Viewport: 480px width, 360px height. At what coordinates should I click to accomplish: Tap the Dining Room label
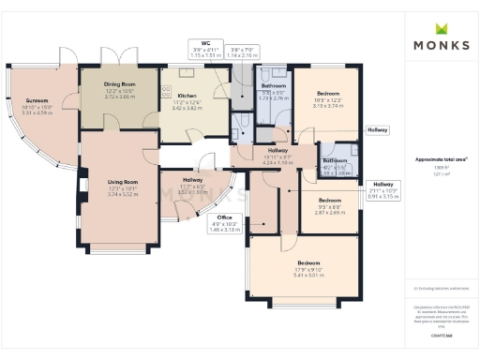(121, 84)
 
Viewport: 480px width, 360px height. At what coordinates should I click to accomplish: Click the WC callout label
(204, 43)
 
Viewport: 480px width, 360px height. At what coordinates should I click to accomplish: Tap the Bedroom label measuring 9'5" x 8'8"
(330, 201)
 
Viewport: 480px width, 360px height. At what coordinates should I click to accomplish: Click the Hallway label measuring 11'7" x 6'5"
(192, 179)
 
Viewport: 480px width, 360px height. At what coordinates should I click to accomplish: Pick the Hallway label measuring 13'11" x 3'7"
(277, 151)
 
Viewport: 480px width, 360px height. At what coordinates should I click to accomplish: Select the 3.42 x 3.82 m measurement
(187, 109)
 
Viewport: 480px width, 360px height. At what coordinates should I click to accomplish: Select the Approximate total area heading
(440, 159)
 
